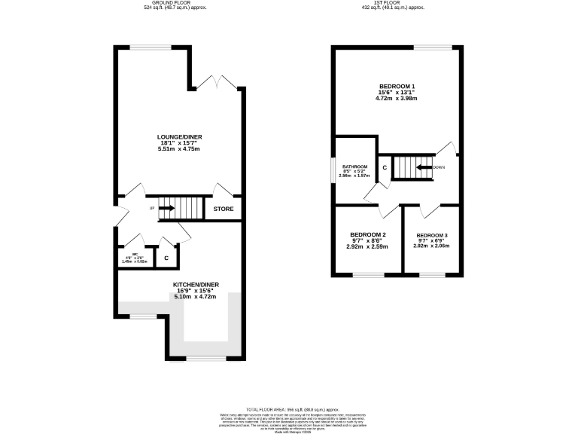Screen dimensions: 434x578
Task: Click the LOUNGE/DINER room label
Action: coord(179,137)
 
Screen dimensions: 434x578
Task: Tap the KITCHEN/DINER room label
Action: coord(195,284)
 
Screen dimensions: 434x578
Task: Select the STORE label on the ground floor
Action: coord(224,209)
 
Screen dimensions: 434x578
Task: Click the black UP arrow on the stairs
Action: coord(166,208)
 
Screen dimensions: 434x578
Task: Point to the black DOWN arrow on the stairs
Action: coord(424,167)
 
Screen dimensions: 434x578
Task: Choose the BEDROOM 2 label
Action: coord(367,234)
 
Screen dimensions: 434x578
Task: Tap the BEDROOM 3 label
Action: coord(432,234)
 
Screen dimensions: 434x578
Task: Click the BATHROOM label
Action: coord(354,167)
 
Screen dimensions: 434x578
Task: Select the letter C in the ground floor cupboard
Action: coord(166,258)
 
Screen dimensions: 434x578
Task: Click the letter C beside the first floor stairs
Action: coord(384,167)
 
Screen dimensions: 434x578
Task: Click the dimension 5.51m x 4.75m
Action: coord(179,149)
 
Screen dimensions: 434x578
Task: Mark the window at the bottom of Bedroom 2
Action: coord(367,274)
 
